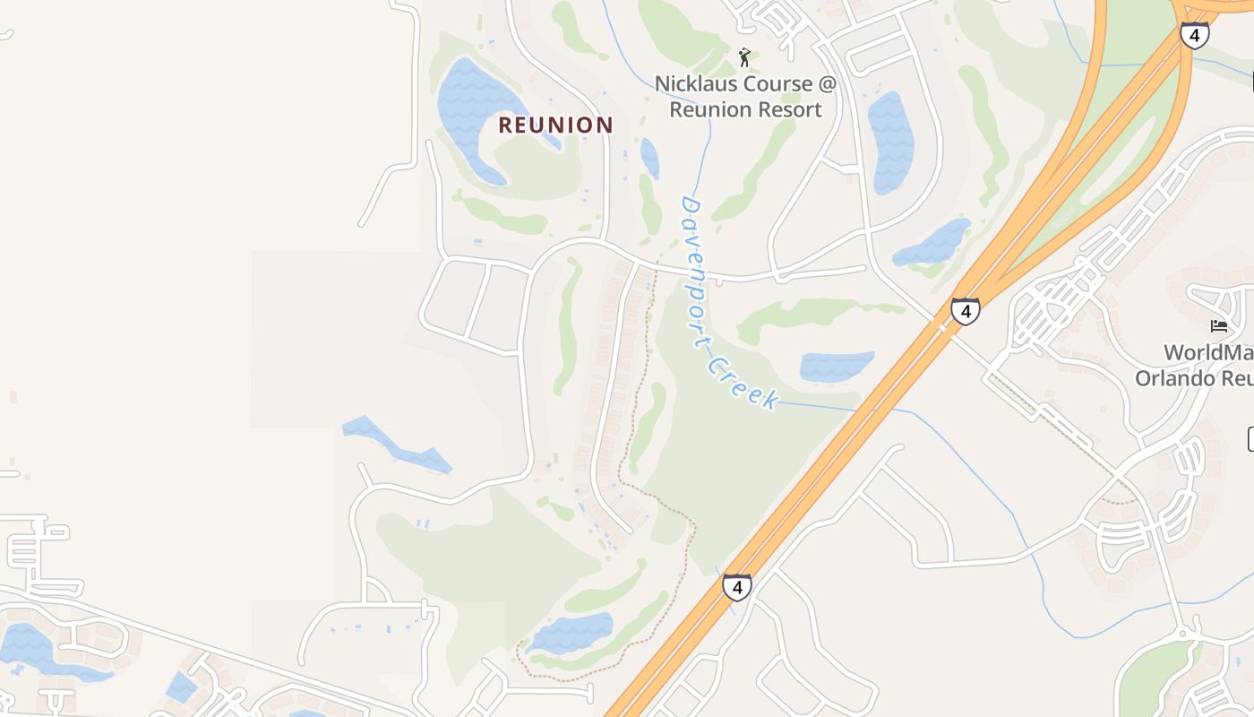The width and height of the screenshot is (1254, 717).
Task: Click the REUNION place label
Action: click(555, 125)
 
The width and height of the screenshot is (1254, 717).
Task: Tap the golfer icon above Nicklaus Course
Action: click(744, 58)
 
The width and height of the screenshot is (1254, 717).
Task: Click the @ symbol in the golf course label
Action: click(826, 84)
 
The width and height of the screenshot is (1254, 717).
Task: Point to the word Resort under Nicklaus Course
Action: click(789, 110)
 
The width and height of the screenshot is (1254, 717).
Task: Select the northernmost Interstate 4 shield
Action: click(1194, 35)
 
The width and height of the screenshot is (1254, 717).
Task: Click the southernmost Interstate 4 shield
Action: click(737, 587)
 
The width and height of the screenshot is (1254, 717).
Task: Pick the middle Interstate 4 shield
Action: click(965, 311)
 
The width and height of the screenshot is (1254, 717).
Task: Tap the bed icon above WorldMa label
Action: click(1219, 325)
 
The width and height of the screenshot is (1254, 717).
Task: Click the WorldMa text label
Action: click(1208, 352)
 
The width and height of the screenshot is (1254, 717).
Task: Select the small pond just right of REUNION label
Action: click(649, 158)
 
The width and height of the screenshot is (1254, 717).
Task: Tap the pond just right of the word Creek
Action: click(835, 366)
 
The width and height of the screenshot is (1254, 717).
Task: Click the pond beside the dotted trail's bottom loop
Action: click(571, 632)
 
